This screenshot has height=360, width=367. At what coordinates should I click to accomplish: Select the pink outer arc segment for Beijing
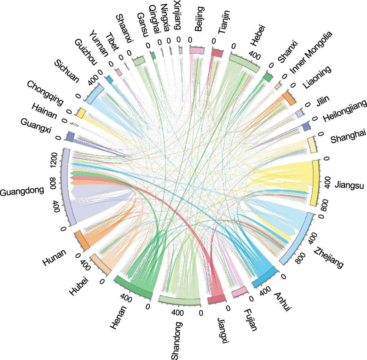point(197,50)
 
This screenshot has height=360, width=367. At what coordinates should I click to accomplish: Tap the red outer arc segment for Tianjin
point(217,53)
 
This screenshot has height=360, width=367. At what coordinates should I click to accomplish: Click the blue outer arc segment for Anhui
point(264,277)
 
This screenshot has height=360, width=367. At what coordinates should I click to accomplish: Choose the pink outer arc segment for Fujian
point(240,292)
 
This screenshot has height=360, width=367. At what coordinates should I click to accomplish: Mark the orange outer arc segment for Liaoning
point(289,98)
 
